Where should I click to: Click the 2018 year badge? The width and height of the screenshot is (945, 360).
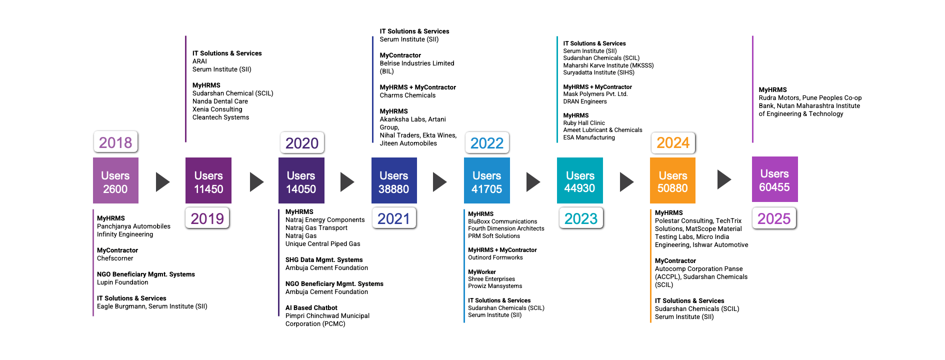coord(115,142)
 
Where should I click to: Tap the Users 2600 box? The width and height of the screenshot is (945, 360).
coord(115,180)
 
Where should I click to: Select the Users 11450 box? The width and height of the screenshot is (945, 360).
coord(208,180)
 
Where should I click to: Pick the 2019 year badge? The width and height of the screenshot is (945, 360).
coord(207,218)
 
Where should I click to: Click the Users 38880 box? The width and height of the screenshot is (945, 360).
coord(394,180)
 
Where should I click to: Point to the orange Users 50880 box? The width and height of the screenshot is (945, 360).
coord(672,180)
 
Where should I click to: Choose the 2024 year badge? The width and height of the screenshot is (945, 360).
coord(673,142)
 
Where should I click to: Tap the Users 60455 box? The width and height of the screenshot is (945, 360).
coord(775,179)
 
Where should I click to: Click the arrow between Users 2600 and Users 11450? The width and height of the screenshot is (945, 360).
coord(163,182)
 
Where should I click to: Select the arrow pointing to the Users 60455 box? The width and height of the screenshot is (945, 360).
coord(724,179)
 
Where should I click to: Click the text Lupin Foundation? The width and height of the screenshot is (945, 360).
coord(122,282)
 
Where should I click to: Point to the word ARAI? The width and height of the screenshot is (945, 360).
coord(199,61)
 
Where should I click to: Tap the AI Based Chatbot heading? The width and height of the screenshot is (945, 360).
coord(311,308)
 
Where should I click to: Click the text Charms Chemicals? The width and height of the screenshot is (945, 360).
coord(407,95)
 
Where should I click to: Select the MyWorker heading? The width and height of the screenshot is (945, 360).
coord(482,272)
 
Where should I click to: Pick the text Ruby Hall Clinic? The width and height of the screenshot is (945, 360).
coord(584,123)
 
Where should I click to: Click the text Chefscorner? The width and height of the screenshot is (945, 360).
coord(115,258)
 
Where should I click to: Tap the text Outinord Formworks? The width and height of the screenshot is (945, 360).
coord(495,257)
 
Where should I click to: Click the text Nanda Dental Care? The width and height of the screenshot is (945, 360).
coord(220,101)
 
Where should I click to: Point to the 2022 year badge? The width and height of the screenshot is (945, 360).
coord(487,143)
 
